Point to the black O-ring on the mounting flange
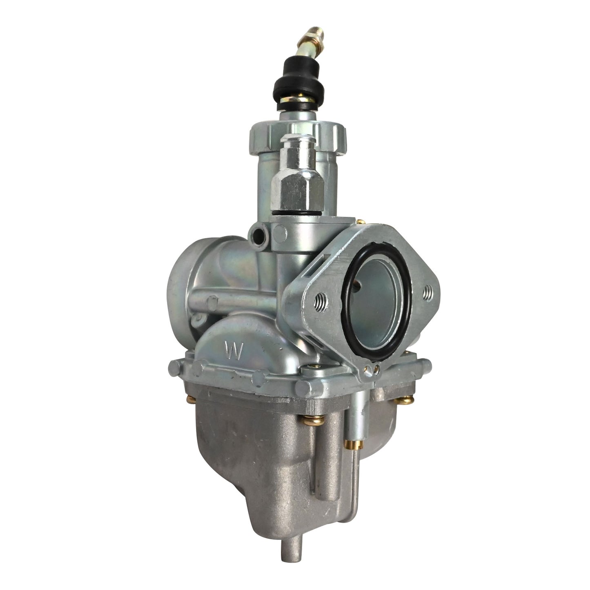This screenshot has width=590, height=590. (376, 302)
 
